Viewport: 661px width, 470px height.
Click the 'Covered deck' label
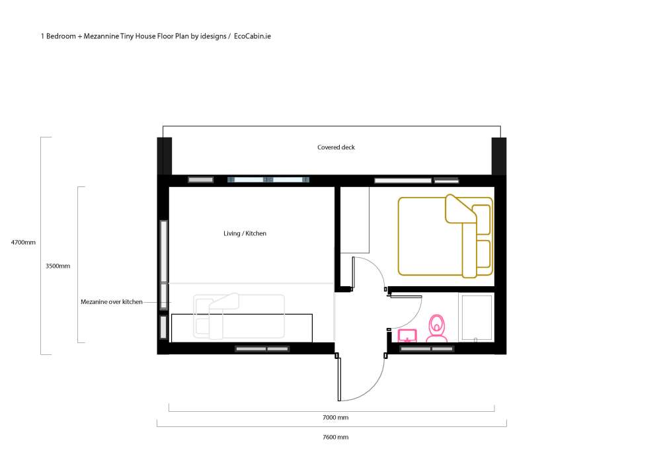[x=336, y=147]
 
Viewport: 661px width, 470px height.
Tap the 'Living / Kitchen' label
[x=245, y=233]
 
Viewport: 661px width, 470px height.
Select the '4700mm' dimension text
[x=23, y=243]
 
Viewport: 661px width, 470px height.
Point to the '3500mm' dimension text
[x=58, y=266]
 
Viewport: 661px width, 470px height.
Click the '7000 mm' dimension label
[x=336, y=417]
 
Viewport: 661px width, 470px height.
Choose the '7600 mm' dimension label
[x=336, y=437]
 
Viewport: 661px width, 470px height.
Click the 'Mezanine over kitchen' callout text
[x=112, y=302]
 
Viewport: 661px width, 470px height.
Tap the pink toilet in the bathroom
[x=437, y=328]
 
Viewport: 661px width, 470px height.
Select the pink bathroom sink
[x=407, y=336]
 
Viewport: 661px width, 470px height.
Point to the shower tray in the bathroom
[x=477, y=317]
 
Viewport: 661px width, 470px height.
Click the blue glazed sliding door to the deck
[x=268, y=180]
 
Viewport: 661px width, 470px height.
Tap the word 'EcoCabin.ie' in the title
[x=253, y=36]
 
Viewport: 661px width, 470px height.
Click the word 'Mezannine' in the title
[x=101, y=36]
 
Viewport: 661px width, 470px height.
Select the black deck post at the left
[x=165, y=156]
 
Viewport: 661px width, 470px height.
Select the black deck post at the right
[x=499, y=156]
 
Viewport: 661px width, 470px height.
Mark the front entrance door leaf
[x=338, y=377]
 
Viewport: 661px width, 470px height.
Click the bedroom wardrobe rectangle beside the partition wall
[x=355, y=220]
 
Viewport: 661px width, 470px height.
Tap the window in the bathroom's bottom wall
[x=426, y=348]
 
